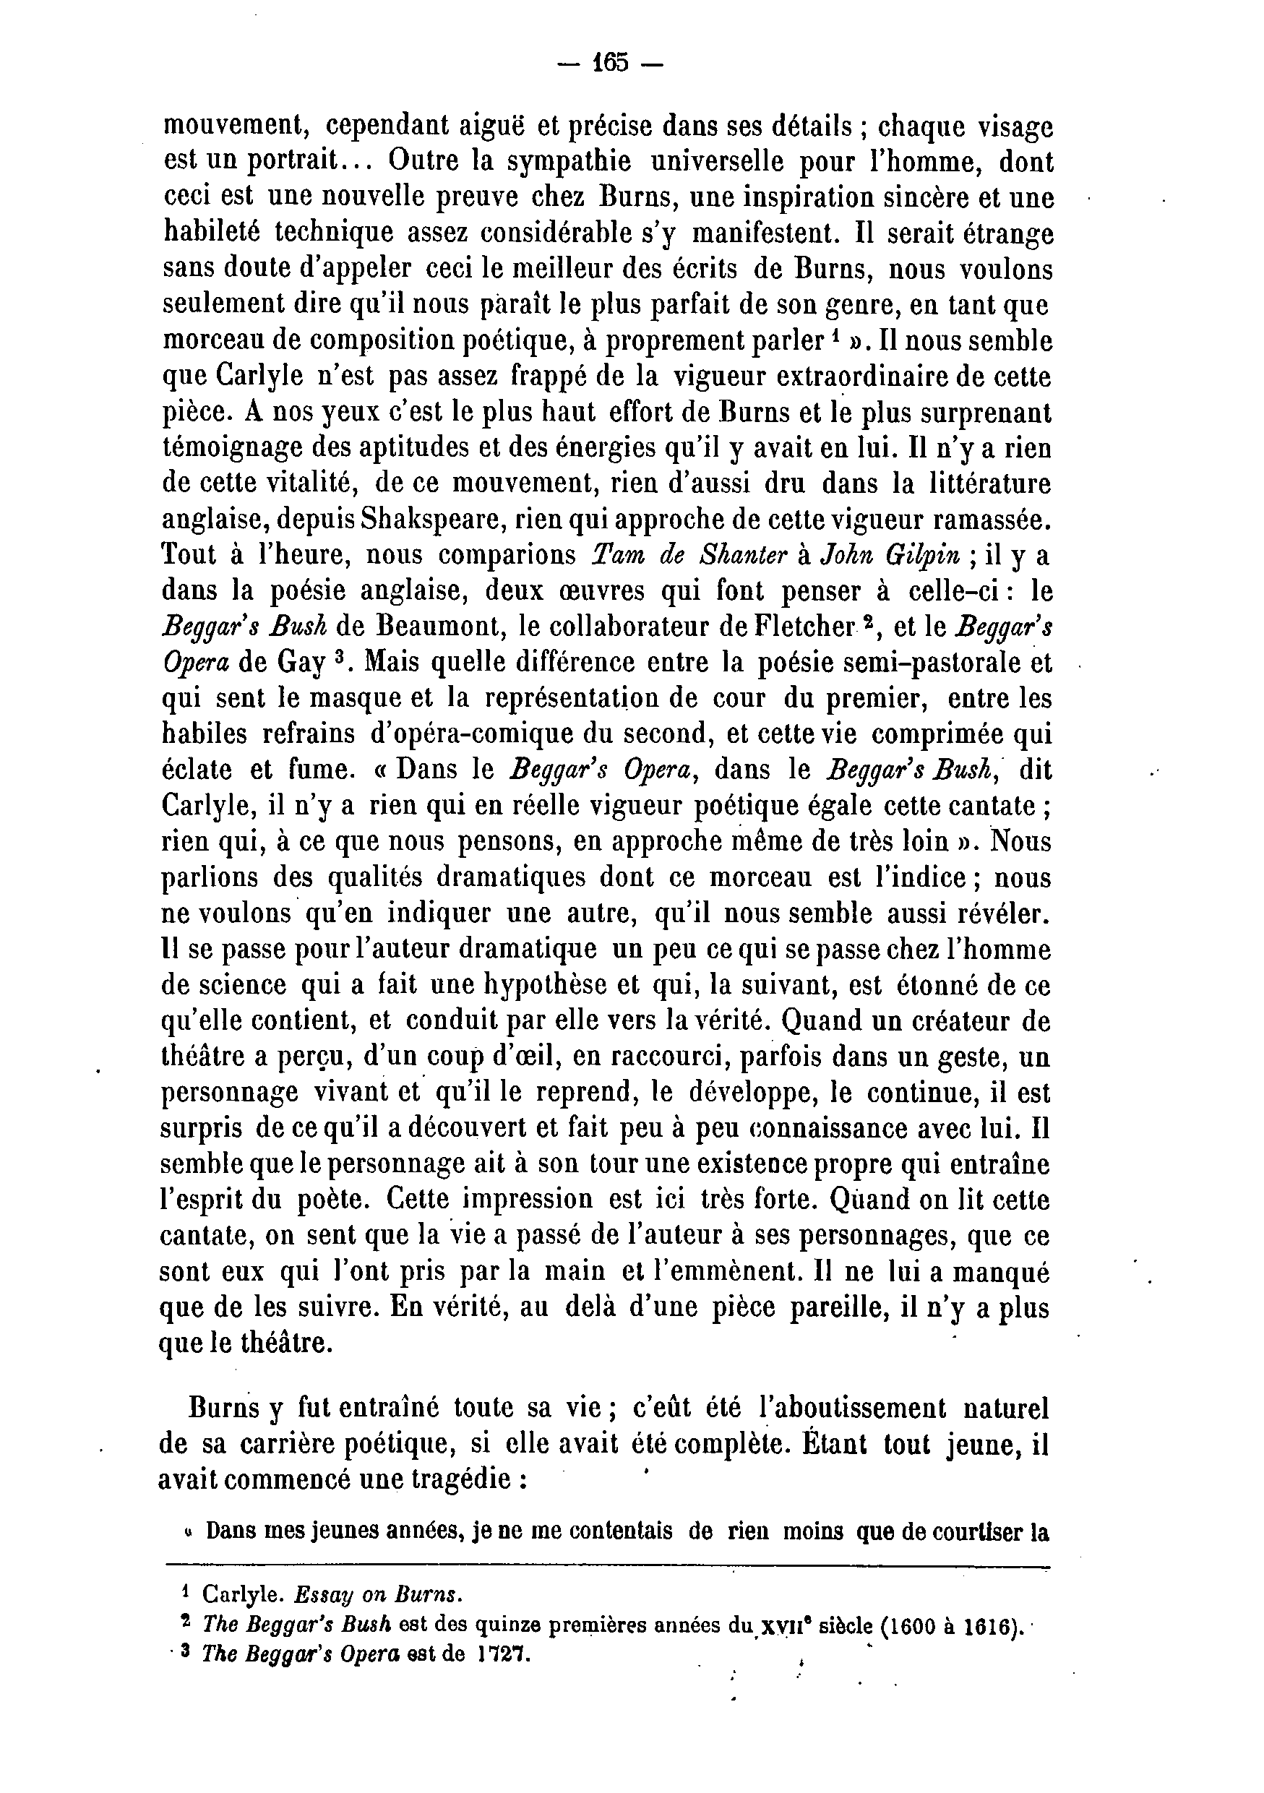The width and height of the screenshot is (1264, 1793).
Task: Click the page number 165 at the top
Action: coord(611,62)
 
